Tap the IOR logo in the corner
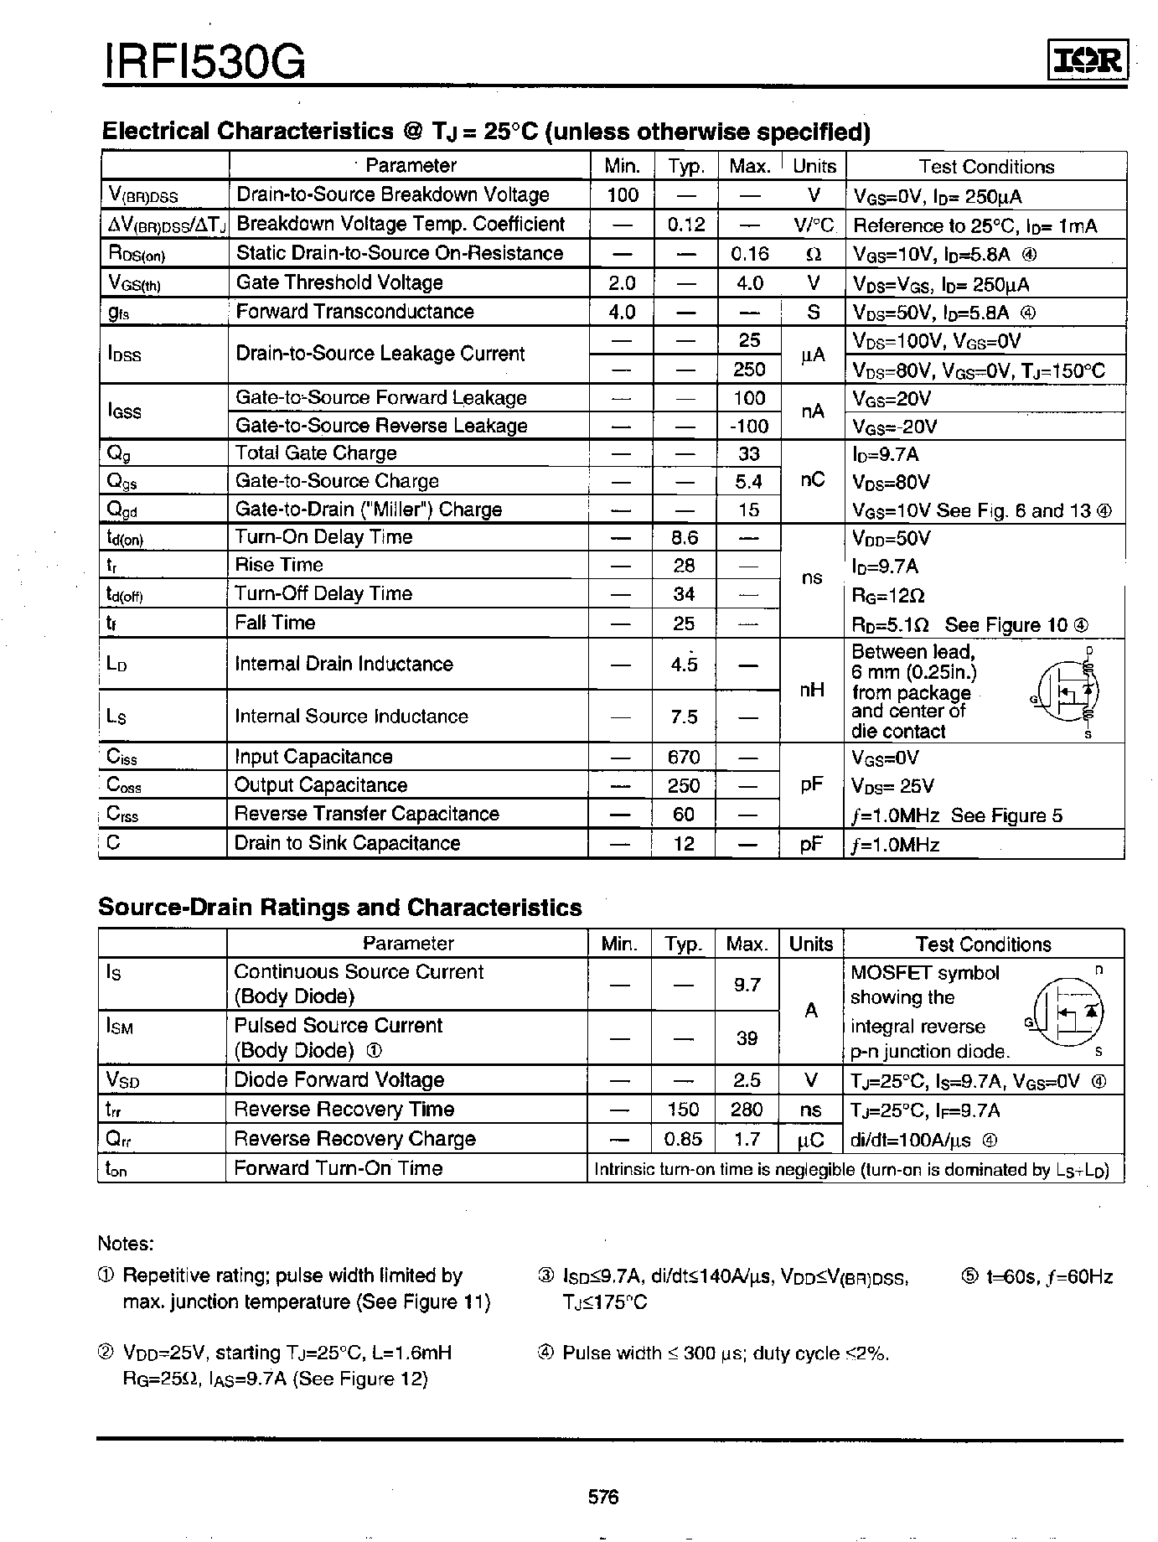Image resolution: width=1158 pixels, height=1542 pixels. pyautogui.click(x=1087, y=60)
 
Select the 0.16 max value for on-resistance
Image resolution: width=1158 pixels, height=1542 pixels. pyautogui.click(x=749, y=254)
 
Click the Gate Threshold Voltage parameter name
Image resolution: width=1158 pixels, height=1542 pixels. pyautogui.click(x=339, y=282)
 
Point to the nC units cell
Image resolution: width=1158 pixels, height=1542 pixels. pyautogui.click(x=812, y=480)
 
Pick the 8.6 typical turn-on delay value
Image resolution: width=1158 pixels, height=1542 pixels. pyautogui.click(x=684, y=537)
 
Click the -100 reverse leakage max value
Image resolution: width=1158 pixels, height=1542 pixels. pyautogui.click(x=749, y=426)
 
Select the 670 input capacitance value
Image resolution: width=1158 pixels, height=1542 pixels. pyautogui.click(x=684, y=757)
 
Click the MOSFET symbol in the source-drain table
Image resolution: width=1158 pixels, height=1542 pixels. pyautogui.click(x=1068, y=1012)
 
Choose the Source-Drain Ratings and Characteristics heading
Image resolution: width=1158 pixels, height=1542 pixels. pyautogui.click(x=340, y=908)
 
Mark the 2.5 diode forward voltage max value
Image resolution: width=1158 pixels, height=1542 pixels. pyautogui.click(x=747, y=1080)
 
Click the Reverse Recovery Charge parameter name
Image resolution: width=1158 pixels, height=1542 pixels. pyautogui.click(x=354, y=1139)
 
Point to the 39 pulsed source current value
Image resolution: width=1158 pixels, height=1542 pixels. pyautogui.click(x=747, y=1038)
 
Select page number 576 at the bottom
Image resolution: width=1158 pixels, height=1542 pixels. pyautogui.click(x=602, y=1497)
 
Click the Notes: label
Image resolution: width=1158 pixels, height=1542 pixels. pyautogui.click(x=126, y=1244)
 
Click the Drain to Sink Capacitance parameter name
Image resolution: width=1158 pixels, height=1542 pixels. pyautogui.click(x=347, y=843)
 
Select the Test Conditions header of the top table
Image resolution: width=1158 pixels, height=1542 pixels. pyautogui.click(x=986, y=166)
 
